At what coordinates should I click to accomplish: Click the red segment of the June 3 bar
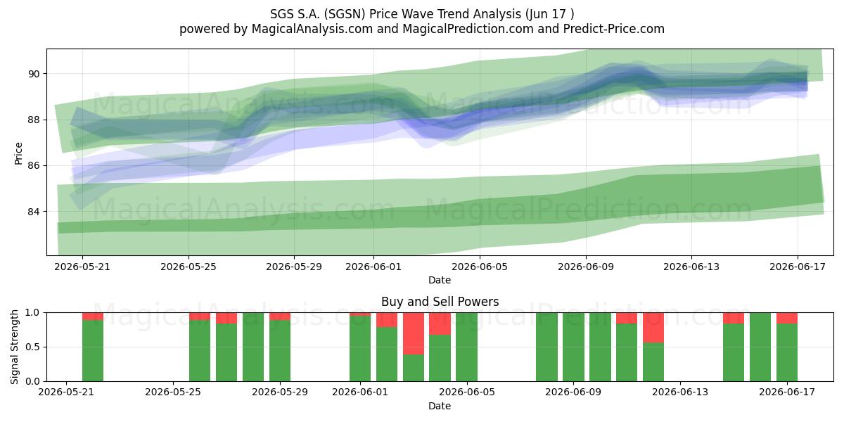[x=414, y=333]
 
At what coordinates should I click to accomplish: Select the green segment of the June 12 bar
[x=653, y=362]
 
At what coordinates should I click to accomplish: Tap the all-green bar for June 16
[x=760, y=347]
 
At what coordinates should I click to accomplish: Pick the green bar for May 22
[x=93, y=350]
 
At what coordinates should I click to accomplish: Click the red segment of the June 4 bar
[x=440, y=324]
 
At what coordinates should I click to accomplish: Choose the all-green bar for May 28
[x=253, y=347]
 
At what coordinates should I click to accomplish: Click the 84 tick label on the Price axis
[x=34, y=212]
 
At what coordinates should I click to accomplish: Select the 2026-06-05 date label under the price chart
[x=480, y=267]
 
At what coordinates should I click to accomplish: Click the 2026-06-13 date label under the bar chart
[x=681, y=392]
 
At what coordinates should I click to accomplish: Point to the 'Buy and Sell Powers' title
[x=440, y=302]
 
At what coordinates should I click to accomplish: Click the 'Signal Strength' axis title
[x=14, y=347]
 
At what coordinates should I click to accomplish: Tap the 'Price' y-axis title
[x=18, y=154]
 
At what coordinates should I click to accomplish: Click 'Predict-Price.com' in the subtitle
[x=614, y=29]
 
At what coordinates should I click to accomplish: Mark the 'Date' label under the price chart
[x=440, y=280]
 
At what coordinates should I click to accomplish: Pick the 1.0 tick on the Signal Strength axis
[x=33, y=313]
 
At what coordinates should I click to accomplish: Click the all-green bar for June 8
[x=546, y=347]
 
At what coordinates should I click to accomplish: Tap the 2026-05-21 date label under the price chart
[x=82, y=267]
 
